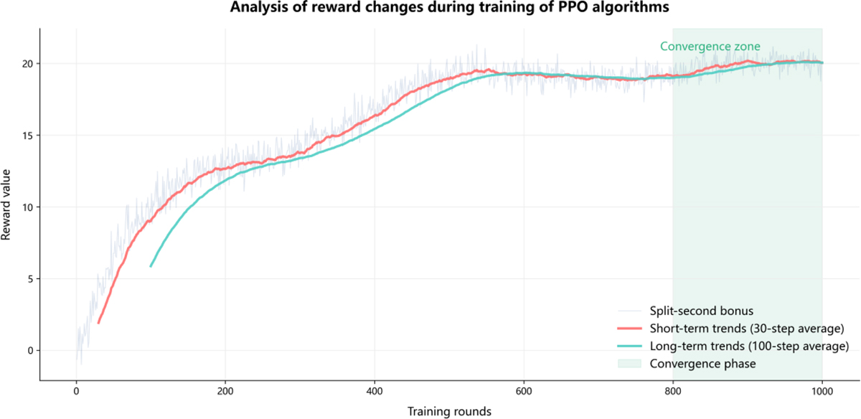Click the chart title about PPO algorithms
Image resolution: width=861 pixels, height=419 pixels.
430,9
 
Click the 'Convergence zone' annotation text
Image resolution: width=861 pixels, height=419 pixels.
710,47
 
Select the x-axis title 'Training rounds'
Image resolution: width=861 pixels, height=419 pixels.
449,411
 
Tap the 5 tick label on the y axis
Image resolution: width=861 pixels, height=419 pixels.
29,279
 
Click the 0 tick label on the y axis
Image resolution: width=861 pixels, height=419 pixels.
29,351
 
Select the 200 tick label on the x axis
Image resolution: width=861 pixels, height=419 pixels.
225,392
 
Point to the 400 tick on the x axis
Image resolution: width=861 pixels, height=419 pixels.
375,392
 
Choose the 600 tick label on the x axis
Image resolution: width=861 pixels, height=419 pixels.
524,392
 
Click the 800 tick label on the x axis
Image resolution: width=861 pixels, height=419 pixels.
673,392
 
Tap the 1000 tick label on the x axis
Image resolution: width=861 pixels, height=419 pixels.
822,392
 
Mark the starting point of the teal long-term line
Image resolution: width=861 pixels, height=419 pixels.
151,266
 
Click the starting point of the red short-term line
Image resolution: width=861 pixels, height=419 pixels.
98,323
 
